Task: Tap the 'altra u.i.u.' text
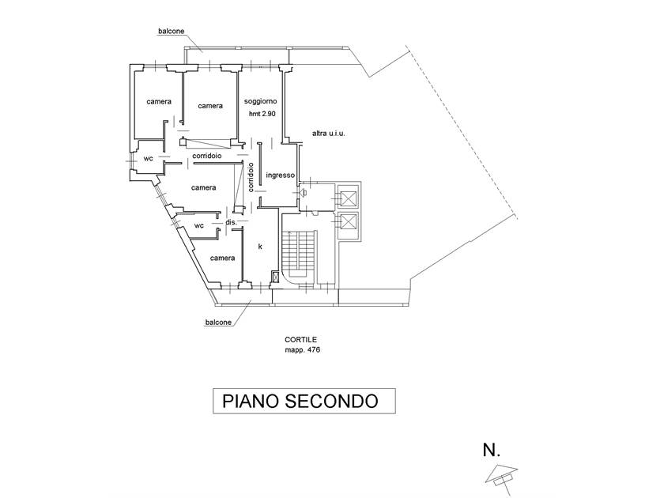coord(329,133)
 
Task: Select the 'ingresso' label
coord(281,175)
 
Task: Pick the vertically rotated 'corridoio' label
coord(251,178)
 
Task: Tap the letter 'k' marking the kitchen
coord(260,247)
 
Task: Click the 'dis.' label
coord(232,223)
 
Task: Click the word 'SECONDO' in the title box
coord(333,401)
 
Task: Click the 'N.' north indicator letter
coord(492,451)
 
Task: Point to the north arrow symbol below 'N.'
coord(501,473)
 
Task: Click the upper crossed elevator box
coord(348,197)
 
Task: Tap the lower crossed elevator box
coord(348,224)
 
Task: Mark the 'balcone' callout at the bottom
coord(218,322)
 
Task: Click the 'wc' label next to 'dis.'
coord(199,225)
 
